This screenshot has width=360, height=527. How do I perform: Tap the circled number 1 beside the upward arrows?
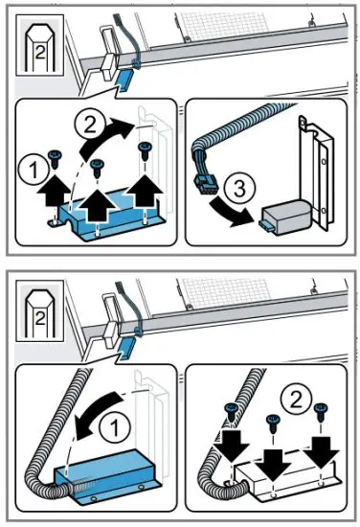click(32, 174)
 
